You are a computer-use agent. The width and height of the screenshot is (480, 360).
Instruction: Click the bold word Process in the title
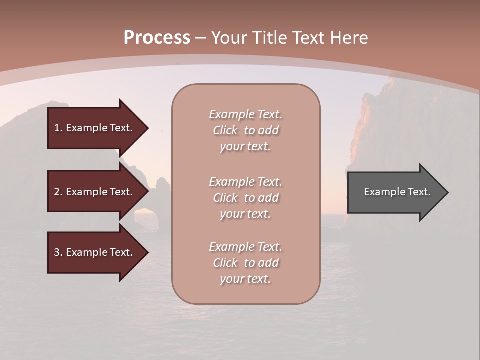pos(157,38)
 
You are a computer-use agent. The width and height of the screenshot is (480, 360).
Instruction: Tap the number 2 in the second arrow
pos(57,192)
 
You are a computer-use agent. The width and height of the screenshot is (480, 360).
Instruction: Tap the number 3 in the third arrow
pos(57,252)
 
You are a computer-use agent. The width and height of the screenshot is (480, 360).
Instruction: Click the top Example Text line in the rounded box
pos(245,114)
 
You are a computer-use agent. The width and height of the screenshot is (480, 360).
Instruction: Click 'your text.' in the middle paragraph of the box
pos(245,214)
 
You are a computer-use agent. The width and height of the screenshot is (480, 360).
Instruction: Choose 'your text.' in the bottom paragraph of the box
pos(245,279)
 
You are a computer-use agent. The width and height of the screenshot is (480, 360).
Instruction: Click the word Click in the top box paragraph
pos(225,130)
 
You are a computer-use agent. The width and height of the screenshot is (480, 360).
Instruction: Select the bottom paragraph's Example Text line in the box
pos(245,247)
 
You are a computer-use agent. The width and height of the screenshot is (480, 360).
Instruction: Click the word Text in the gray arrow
pos(419,192)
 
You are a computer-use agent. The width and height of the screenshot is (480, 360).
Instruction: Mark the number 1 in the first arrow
pos(56,128)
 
